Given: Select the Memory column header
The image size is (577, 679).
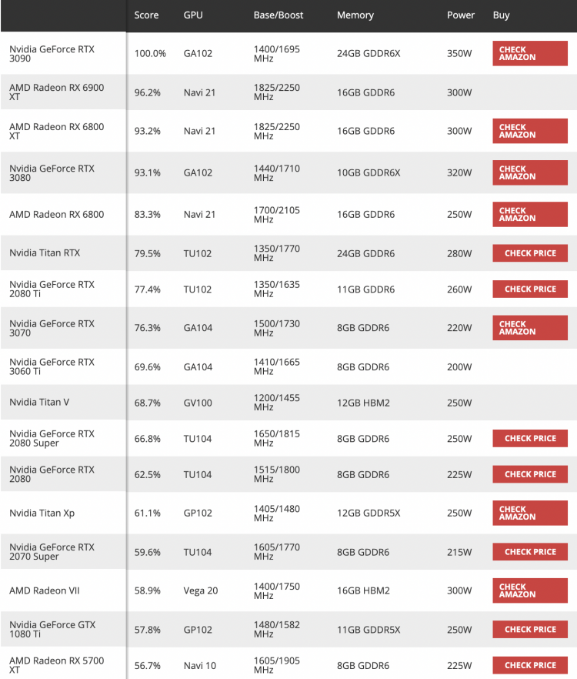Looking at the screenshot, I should click(x=355, y=15).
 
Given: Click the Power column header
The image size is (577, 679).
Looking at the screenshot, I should click(x=461, y=15).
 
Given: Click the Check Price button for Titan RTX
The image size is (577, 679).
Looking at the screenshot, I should click(x=530, y=253).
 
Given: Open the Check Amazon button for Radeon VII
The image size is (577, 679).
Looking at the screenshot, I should click(x=530, y=590).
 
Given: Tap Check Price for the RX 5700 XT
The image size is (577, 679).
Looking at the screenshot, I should click(x=530, y=665).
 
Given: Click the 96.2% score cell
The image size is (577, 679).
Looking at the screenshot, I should click(x=148, y=92).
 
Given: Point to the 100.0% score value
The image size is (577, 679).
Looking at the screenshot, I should click(x=150, y=54).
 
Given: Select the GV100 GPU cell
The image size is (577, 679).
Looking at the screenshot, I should click(x=198, y=403).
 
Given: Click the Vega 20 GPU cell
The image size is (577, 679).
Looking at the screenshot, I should click(x=201, y=590).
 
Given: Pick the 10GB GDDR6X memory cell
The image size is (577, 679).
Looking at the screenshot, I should click(x=369, y=172).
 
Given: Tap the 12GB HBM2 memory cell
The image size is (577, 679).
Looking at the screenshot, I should click(x=363, y=403).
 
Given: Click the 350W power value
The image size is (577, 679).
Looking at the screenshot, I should click(x=459, y=54).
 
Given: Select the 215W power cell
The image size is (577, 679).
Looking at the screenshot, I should click(x=459, y=552).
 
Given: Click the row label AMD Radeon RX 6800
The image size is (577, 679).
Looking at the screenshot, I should click(x=56, y=214).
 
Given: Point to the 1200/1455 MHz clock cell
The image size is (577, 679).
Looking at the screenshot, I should click(x=276, y=403).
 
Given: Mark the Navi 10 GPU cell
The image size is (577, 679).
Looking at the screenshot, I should click(x=200, y=665).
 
